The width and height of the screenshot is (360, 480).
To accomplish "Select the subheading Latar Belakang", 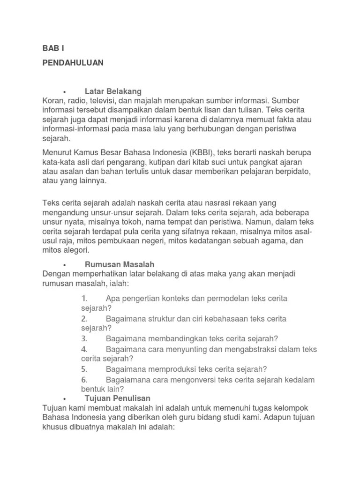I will click(113, 91).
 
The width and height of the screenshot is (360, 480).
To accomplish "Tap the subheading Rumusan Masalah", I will click(120, 264).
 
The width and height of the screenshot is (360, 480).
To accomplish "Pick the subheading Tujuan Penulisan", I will click(118, 398).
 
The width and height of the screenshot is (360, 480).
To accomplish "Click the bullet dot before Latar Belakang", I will click(64, 91).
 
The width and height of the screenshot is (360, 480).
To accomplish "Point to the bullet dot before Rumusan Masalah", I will click(64, 265).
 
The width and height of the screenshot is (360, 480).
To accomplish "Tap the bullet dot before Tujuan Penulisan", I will click(64, 398).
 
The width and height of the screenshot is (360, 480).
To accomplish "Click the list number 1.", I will click(84, 299).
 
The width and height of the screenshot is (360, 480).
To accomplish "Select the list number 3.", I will click(84, 338).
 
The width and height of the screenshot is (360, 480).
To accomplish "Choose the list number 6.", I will click(84, 379).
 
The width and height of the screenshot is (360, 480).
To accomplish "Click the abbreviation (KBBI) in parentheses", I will click(202, 153).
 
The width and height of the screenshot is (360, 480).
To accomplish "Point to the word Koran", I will click(53, 101).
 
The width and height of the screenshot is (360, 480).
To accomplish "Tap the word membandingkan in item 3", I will click(171, 338).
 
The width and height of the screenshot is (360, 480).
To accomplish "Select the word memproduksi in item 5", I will click(166, 369).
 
